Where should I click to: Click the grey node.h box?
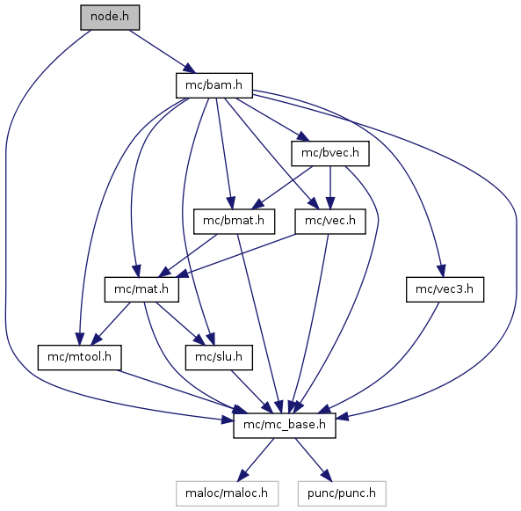[x=110, y=18]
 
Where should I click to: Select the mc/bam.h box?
[x=214, y=85]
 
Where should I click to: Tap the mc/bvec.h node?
[x=330, y=153]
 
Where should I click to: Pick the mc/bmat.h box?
[x=235, y=222]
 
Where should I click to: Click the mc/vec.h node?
[x=330, y=222]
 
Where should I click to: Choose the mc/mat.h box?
[x=141, y=289]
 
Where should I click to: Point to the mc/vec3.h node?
[x=445, y=289]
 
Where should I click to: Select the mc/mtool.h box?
[x=79, y=357]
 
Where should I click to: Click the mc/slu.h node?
[x=219, y=357]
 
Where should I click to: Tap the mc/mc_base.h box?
[x=285, y=426]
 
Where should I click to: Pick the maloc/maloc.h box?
[x=227, y=493]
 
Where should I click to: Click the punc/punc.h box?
[x=342, y=493]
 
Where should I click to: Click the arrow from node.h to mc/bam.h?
[x=163, y=52]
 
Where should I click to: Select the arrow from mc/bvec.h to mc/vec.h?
[x=330, y=187]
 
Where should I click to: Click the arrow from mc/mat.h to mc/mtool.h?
[x=111, y=324]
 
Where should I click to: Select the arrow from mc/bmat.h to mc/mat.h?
[x=188, y=255]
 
